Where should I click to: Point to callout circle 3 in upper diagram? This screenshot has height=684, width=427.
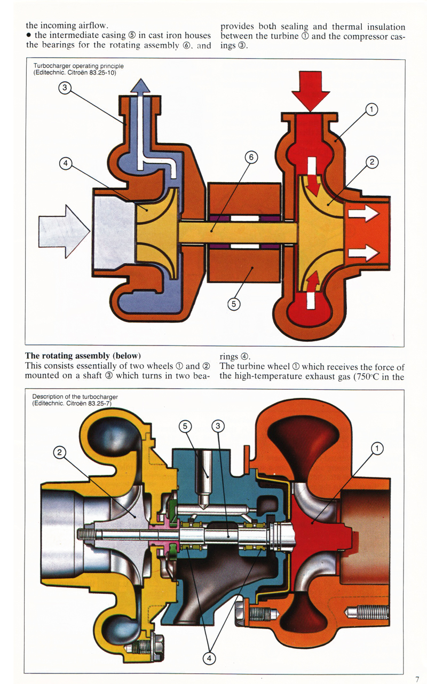pos(65,89)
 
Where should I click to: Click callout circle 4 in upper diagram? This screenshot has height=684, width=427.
pos(65,164)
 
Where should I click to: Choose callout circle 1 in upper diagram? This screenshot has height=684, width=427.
pos(372,110)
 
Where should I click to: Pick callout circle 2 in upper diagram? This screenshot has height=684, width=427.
pos(372,162)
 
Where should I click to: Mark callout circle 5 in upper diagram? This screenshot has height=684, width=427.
pos(234,304)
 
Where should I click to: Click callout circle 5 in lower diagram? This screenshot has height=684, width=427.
pos(185,426)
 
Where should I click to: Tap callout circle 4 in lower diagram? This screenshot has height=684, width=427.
pos(209,658)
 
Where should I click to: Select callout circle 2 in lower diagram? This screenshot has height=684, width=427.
pos(60,453)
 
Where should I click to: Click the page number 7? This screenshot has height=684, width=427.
pos(417,679)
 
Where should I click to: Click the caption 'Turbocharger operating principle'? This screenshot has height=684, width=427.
pos(78,66)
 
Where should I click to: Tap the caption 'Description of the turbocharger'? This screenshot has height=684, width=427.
pos(75,397)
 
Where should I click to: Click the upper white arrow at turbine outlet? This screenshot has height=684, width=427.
pos(363,215)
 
